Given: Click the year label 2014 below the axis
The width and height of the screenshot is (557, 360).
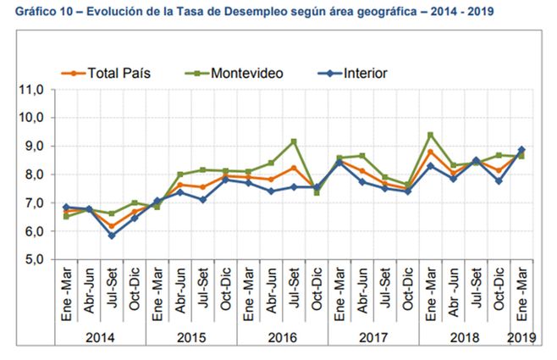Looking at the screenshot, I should pyautogui.click(x=99, y=336).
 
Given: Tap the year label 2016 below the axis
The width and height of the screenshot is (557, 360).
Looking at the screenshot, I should pyautogui.click(x=281, y=336).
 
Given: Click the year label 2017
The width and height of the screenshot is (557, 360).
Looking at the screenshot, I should pyautogui.click(x=372, y=336).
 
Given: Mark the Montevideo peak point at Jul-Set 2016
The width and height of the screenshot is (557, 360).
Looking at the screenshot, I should pyautogui.click(x=293, y=141).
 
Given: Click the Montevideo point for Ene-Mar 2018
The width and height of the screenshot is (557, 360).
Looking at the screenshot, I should pyautogui.click(x=430, y=135).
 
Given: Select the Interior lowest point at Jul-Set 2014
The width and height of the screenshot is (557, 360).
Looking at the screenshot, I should pyautogui.click(x=112, y=235).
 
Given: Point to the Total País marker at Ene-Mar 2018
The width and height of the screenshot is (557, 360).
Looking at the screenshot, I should pyautogui.click(x=430, y=152).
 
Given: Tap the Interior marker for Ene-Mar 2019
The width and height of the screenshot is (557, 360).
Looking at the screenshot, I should pyautogui.click(x=521, y=150).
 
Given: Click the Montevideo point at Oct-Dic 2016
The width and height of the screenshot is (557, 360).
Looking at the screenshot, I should pyautogui.click(x=316, y=192).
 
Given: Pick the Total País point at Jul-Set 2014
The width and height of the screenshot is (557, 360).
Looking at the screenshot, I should pyautogui.click(x=112, y=225).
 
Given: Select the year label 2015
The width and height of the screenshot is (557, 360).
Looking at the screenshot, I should pyautogui.click(x=190, y=336).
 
